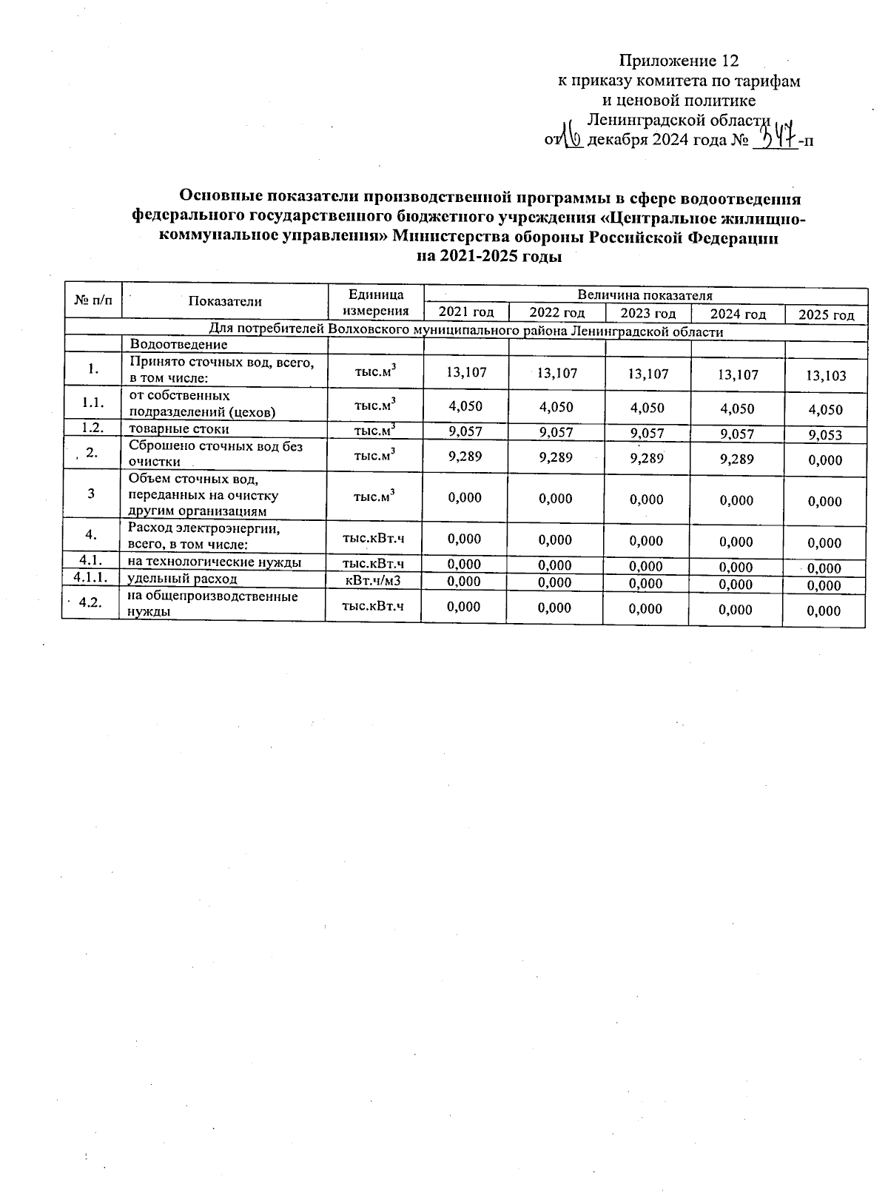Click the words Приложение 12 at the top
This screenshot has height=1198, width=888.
click(679, 61)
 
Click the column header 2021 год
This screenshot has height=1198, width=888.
click(466, 312)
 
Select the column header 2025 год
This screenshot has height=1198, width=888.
click(826, 315)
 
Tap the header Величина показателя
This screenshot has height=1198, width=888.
click(645, 295)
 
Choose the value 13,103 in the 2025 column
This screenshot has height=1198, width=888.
click(826, 375)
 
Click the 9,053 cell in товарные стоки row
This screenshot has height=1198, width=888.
click(826, 435)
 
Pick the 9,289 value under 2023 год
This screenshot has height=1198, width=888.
click(647, 458)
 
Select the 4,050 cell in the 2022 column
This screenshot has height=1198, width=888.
click(556, 407)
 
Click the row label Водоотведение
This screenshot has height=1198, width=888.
click(179, 344)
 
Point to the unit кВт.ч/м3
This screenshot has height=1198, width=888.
click(374, 580)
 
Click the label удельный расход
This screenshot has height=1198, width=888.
click(183, 579)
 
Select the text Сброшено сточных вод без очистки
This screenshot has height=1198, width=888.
click(215, 454)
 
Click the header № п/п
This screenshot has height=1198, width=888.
click(94, 300)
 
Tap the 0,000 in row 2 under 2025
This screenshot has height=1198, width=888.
click(825, 460)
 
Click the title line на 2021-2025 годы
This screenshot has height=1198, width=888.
click(489, 257)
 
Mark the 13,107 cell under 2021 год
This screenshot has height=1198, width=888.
click(467, 372)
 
